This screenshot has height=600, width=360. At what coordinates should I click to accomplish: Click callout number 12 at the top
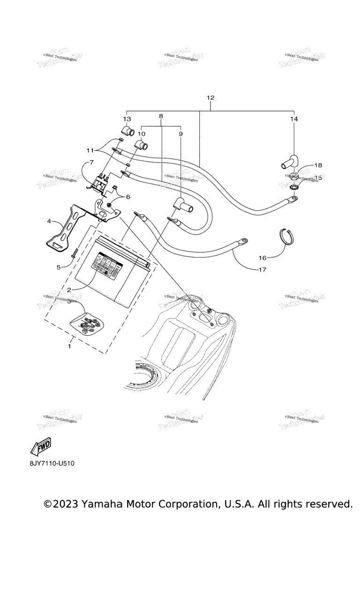(x=210, y=98)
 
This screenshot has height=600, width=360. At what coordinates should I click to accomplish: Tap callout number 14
(x=293, y=119)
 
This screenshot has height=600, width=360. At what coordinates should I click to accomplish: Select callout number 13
(x=127, y=119)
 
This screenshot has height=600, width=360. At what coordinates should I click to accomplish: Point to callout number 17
(x=262, y=270)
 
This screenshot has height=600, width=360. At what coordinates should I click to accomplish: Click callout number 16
(x=262, y=258)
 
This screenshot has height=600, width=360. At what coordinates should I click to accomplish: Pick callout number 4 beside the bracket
(x=49, y=220)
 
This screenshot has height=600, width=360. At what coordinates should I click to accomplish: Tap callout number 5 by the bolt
(x=59, y=267)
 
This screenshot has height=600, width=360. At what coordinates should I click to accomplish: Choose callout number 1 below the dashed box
(x=70, y=346)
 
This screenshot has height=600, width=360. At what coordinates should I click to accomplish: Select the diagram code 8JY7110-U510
(x=52, y=464)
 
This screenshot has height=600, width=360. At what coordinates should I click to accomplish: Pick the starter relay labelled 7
(x=99, y=184)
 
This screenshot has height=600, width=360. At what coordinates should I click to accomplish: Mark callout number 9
(x=181, y=134)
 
